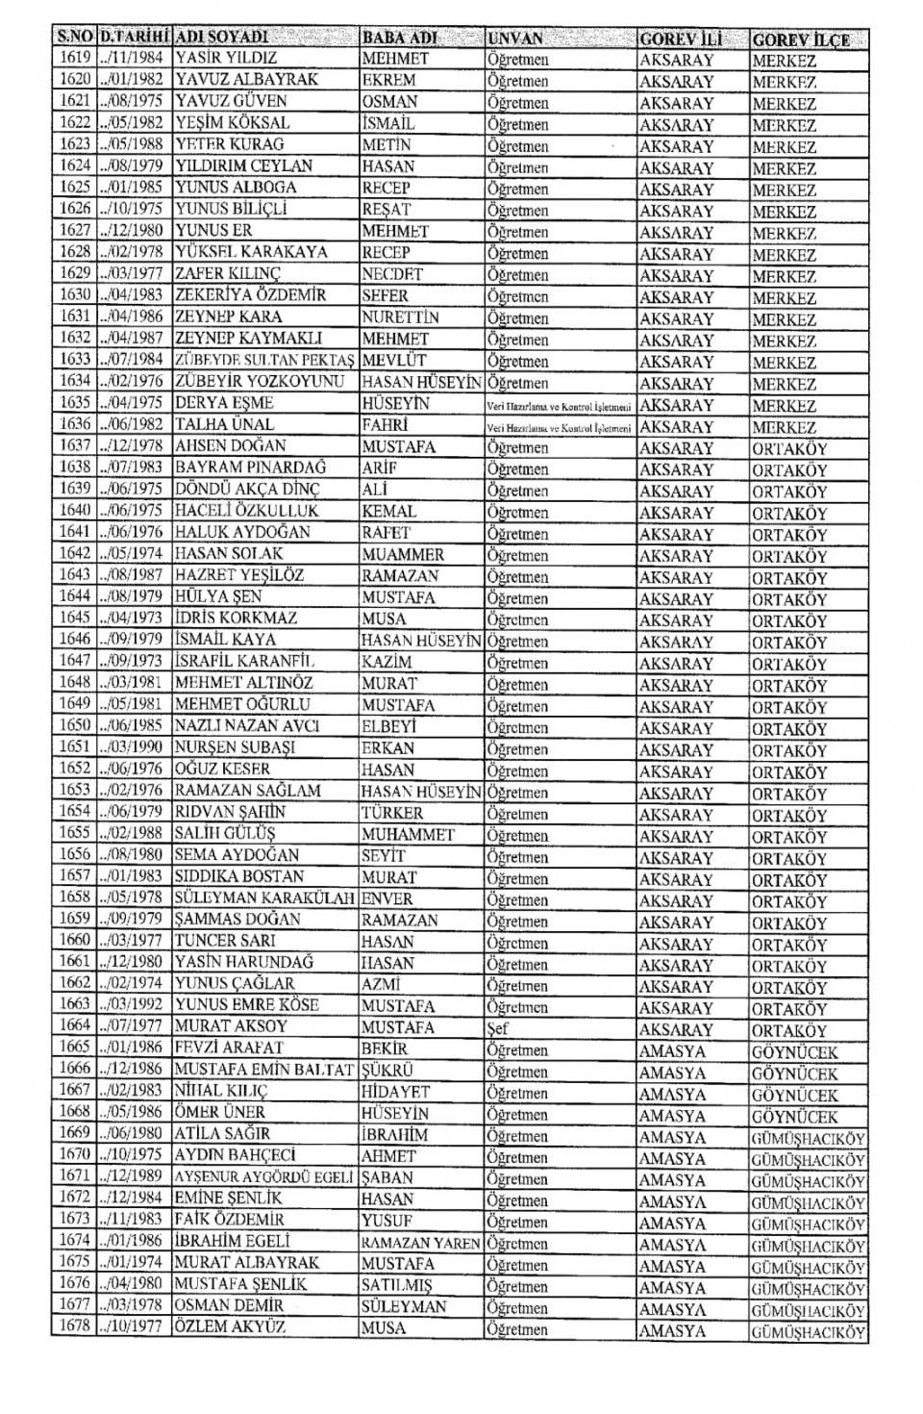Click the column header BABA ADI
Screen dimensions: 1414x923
(399, 38)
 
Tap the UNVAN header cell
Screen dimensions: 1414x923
(515, 39)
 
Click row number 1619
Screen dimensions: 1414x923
(74, 58)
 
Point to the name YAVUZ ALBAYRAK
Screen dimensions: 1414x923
(245, 79)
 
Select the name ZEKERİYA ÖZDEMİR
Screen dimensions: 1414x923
(250, 295)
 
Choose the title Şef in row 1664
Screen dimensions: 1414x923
(497, 1028)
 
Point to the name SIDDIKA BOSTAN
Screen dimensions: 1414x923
(238, 876)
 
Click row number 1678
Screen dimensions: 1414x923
(74, 1328)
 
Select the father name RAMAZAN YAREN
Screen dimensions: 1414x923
(420, 1243)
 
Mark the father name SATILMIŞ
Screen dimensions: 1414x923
(396, 1285)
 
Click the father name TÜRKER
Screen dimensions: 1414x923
(391, 813)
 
